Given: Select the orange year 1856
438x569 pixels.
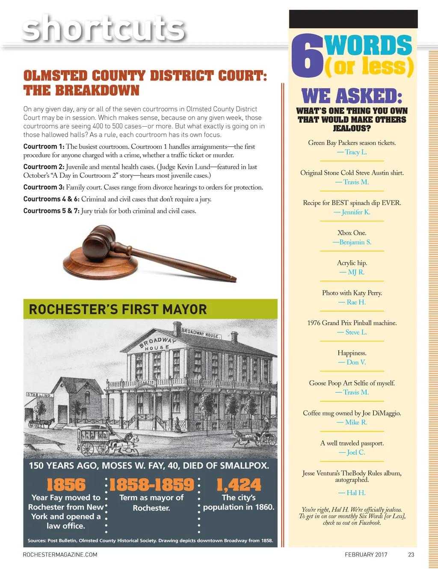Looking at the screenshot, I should coord(66,485).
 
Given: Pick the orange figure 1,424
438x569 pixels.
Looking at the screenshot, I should coord(239,485).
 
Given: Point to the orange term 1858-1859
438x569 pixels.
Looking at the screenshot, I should coord(151,485).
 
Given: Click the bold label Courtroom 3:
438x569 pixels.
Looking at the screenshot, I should coord(44,187).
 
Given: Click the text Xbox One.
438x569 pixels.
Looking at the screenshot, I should coord(352,233).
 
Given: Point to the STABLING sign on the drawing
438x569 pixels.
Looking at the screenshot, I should coord(39,394).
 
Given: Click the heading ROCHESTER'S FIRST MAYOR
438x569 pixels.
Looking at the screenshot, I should coord(118,309).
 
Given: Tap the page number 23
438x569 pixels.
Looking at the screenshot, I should coord(411,555).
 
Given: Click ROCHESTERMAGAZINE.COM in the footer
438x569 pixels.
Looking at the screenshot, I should coord(60,555).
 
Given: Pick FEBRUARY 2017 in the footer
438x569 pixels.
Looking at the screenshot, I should coord(366,555).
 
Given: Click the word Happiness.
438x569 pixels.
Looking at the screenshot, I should coord(352,353).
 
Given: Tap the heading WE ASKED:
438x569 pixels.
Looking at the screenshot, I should coord(352,96).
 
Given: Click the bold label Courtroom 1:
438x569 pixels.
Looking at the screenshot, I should coord(44,147).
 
